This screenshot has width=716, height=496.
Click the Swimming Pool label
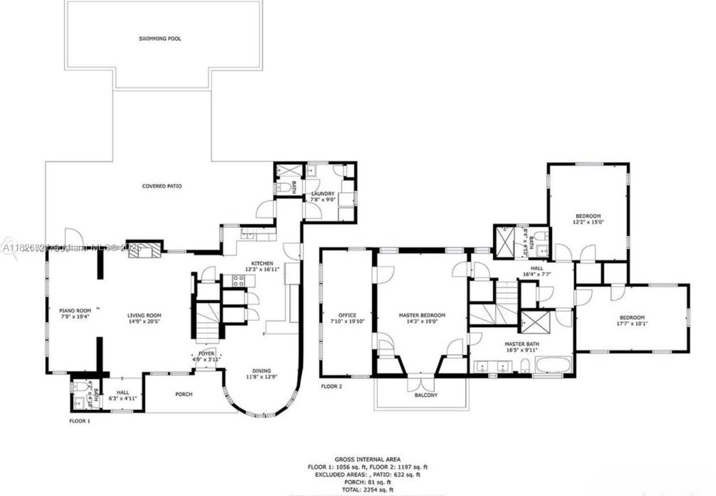tap(160, 39)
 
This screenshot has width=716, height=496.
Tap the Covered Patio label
tap(162, 186)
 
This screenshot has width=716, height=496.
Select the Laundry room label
tap(322, 194)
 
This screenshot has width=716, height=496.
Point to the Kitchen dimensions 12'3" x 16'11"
tap(263, 269)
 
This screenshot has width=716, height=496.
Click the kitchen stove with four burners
tap(238, 280)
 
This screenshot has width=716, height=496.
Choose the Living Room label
tap(144, 316)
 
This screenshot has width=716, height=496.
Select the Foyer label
tap(206, 353)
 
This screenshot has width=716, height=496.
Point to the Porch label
tap(183, 395)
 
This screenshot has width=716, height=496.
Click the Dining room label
tap(262, 371)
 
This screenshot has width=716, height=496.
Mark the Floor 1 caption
tap(79, 421)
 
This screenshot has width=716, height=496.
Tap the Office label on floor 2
tap(347, 315)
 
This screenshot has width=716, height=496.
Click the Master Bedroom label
tap(422, 315)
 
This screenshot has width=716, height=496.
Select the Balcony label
tap(426, 395)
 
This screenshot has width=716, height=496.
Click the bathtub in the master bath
tap(553, 364)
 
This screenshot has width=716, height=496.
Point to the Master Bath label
tap(522, 344)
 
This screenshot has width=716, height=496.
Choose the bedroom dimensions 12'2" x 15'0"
tap(588, 222)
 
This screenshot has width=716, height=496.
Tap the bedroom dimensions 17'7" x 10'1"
tap(631, 324)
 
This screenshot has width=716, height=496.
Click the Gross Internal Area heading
tap(367, 459)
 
